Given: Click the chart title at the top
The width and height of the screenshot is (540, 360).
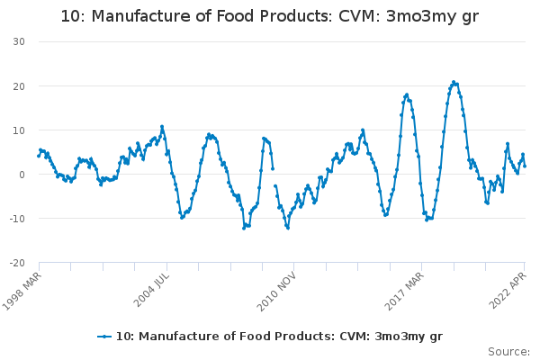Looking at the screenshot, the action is click(x=270, y=16).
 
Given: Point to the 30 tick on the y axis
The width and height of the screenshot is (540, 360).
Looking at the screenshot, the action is click(x=19, y=41).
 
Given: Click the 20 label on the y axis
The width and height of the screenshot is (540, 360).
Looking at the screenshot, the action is click(x=19, y=86).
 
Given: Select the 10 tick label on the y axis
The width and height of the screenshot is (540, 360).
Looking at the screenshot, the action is click(x=19, y=130).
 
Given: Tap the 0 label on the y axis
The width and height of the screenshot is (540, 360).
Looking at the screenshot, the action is click(x=22, y=175).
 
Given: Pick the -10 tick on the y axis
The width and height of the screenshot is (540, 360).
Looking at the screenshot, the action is click(x=17, y=219).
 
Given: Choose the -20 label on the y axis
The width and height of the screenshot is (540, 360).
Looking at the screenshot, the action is click(x=17, y=263).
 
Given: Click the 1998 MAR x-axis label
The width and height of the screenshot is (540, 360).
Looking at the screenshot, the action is click(x=22, y=291).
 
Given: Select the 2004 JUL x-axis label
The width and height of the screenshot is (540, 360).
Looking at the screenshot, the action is click(x=151, y=290).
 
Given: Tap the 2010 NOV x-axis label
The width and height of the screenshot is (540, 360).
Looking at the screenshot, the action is click(x=276, y=292).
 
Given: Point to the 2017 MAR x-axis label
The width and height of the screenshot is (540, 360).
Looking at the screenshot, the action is click(x=404, y=291).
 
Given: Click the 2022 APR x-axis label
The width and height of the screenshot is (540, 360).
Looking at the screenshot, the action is click(x=508, y=290).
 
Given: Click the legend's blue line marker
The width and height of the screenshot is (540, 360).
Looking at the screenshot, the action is click(x=104, y=337).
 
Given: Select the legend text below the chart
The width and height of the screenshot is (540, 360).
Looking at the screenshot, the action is click(x=279, y=337).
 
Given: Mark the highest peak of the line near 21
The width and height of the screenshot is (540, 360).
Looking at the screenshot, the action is click(x=454, y=82).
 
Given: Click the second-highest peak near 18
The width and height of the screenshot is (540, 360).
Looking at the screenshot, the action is click(x=407, y=94).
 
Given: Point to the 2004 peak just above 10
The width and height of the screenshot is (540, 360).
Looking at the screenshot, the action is click(x=162, y=126).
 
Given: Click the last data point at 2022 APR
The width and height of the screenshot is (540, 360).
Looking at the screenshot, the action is click(x=525, y=166).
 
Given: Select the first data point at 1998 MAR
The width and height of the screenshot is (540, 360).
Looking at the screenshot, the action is click(x=39, y=156).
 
